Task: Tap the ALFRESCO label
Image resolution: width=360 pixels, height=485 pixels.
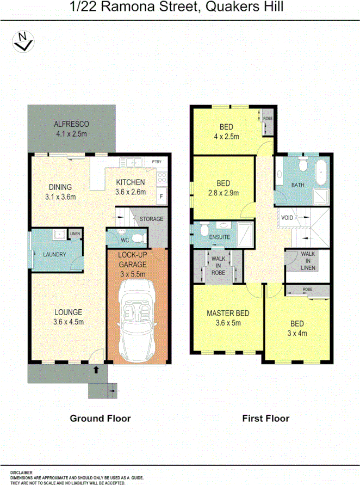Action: pyautogui.click(x=72, y=124)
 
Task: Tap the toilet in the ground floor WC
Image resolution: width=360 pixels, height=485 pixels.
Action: pyautogui.click(x=138, y=237)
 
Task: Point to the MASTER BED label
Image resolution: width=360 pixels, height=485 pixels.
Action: pyautogui.click(x=228, y=313)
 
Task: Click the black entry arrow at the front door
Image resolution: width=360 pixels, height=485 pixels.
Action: pyautogui.click(x=96, y=370)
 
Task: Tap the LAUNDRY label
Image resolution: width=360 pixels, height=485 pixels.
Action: pyautogui.click(x=54, y=254)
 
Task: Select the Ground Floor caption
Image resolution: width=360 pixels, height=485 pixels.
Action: pyautogui.click(x=100, y=419)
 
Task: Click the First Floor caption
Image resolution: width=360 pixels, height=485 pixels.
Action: pyautogui.click(x=265, y=419)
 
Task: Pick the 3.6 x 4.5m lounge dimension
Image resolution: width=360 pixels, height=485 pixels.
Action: pyautogui.click(x=68, y=321)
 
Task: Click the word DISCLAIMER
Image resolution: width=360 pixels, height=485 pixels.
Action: pyautogui.click(x=21, y=472)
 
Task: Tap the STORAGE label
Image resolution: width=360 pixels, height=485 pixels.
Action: pyautogui.click(x=151, y=219)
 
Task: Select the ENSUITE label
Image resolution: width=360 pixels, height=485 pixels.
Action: pyautogui.click(x=220, y=237)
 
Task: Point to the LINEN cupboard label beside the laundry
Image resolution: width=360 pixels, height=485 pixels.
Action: pyautogui.click(x=75, y=235)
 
